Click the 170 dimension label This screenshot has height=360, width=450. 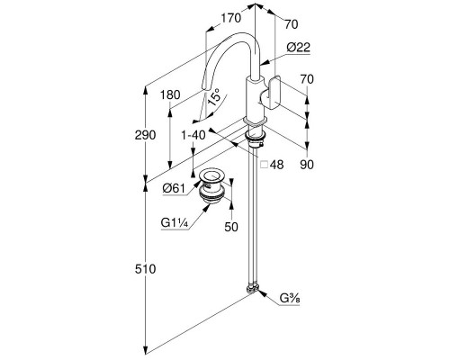tap(231, 18)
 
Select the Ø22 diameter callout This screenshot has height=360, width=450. tap(298, 48)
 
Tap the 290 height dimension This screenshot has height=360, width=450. tap(145, 135)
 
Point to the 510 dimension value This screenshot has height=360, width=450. tap(145, 269)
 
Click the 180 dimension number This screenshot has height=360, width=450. tap(170, 95)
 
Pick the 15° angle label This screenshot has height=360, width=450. tap(214, 97)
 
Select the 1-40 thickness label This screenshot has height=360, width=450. tap(193, 135)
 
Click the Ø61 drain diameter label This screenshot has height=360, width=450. tap(174, 188)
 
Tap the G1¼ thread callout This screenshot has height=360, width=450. tap(175, 223)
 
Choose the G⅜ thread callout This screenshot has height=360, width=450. tap(290, 299)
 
